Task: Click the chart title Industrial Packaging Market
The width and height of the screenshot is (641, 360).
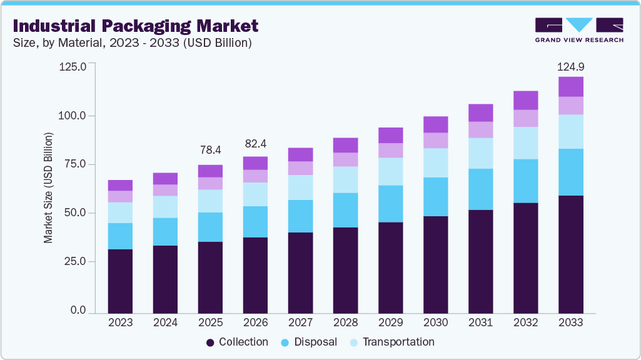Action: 135,26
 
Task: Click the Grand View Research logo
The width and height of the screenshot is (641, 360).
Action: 579,30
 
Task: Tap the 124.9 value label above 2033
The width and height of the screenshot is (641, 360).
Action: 571,66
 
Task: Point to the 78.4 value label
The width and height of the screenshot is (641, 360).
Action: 211,150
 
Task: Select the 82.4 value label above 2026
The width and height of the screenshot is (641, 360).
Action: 256,144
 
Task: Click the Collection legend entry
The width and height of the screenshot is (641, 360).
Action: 237,342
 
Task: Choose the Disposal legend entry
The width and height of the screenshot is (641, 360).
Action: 309,342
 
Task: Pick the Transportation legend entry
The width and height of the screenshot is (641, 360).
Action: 392,342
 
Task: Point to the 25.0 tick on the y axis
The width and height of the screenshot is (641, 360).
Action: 75,261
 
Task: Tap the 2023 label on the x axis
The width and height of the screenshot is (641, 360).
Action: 120,322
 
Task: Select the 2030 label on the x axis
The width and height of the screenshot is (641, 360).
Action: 436,322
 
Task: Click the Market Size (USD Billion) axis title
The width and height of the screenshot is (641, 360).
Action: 48,187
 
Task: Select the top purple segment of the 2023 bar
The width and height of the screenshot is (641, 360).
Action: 120,185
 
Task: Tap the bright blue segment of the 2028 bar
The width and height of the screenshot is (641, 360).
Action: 346,210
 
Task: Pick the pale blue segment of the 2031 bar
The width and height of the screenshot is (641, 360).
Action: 481,153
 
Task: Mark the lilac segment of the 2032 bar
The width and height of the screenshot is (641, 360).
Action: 526,118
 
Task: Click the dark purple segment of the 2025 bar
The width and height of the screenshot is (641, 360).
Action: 211,277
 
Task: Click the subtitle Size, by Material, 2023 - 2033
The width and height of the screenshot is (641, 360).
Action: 132,43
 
